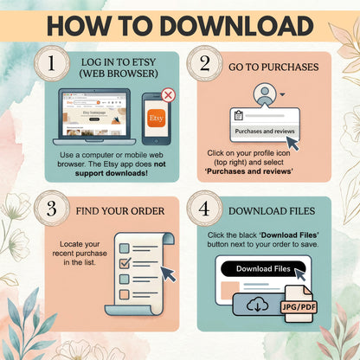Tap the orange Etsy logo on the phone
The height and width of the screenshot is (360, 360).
(x=156, y=115)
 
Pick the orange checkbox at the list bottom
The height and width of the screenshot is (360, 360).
(x=123, y=293)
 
